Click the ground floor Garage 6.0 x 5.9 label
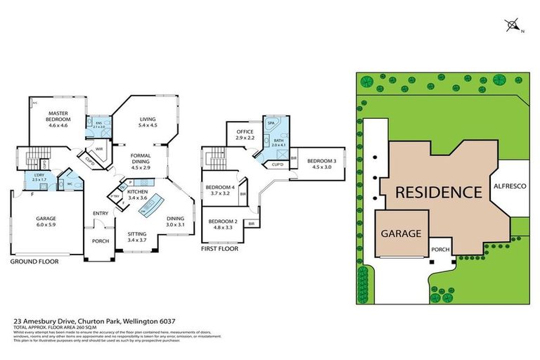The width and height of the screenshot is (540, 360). (46, 221)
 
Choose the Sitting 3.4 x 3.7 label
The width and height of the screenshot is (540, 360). (137, 237)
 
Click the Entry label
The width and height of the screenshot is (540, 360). (100, 213)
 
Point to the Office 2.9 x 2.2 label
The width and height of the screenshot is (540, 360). (244, 134)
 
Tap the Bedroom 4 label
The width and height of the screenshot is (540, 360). (221, 188)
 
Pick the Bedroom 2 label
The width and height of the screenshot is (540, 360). (221, 225)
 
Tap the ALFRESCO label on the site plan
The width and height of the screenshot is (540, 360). (508, 188)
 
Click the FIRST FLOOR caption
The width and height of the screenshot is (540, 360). (219, 248)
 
